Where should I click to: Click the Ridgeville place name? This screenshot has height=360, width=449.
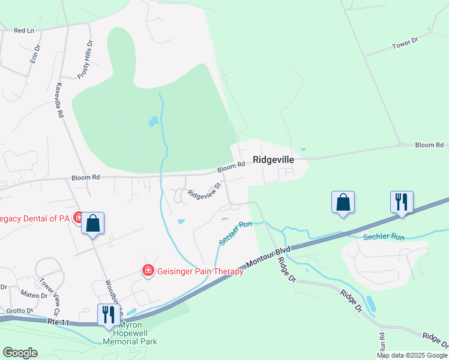[x=273, y=160]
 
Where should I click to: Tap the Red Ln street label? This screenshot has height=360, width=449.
[x=24, y=30]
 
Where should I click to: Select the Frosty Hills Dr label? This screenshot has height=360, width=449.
[x=85, y=59]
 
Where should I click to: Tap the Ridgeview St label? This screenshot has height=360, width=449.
[x=205, y=190]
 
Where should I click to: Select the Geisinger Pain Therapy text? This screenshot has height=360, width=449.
[x=200, y=271]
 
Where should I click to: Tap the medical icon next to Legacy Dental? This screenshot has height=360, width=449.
[x=78, y=217]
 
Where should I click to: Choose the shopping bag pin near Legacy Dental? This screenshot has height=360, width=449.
[x=94, y=223]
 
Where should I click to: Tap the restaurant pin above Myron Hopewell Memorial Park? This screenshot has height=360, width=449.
[x=109, y=314]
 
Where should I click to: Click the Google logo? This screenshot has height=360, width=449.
[x=20, y=352]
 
